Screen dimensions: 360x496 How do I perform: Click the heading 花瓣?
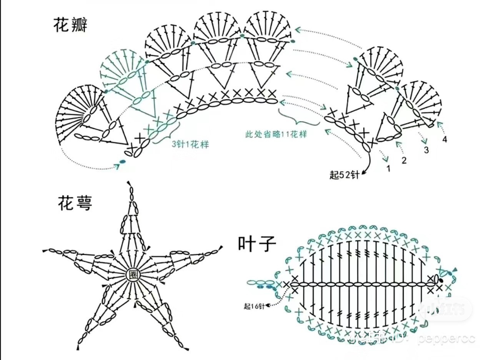[x=70, y=25]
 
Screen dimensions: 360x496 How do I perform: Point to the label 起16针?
[x=253, y=306]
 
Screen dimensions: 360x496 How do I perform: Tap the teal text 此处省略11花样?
[x=276, y=135]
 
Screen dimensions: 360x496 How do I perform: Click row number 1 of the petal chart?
[x=388, y=168]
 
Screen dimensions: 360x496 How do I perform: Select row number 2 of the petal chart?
[x=404, y=160]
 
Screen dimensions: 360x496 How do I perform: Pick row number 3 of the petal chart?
[x=426, y=150]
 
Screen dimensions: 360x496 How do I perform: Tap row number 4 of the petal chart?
[x=444, y=139]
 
